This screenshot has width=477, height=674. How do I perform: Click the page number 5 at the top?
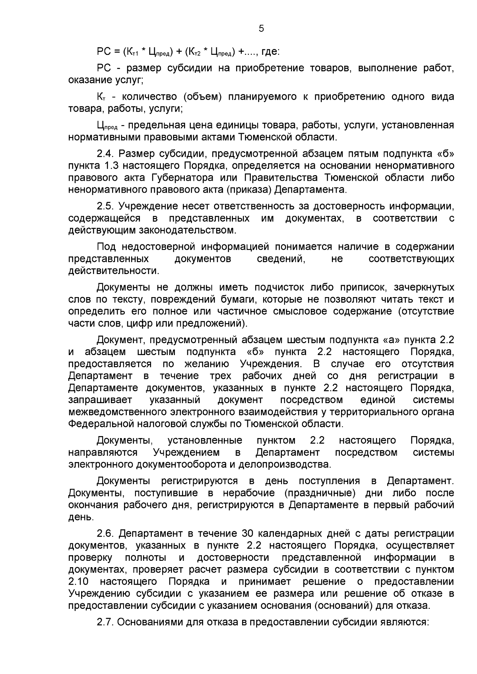pos(261,29)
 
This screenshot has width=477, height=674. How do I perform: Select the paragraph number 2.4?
pos(106,154)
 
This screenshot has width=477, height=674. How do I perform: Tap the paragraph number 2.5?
pos(106,207)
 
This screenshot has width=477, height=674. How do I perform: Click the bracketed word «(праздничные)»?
pos(319,493)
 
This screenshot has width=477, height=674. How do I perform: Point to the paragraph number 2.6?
pos(106,533)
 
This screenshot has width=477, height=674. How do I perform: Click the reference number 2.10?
pos(78,582)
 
